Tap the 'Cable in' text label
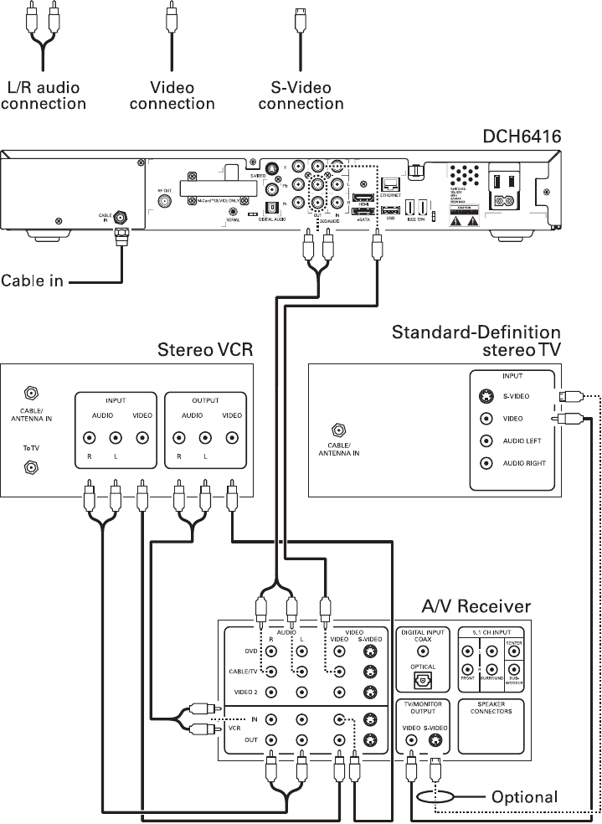32,281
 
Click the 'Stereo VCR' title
205,348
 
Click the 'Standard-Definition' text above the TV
476,332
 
